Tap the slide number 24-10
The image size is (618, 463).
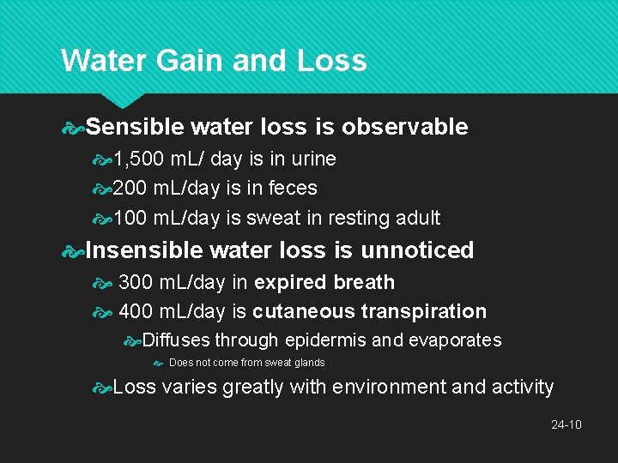coord(566,424)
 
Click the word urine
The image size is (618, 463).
coord(313,159)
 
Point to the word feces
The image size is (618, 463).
coord(293,188)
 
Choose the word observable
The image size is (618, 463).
coord(404,127)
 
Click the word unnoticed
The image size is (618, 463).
coord(416,250)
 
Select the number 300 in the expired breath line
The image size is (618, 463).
coord(136,282)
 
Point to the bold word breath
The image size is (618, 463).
coord(364,282)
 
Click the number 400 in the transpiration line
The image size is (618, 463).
coord(136,311)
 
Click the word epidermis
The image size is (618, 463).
coord(325,340)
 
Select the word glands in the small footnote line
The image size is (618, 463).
coord(306,363)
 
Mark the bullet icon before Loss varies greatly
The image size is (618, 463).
coord(102,388)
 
